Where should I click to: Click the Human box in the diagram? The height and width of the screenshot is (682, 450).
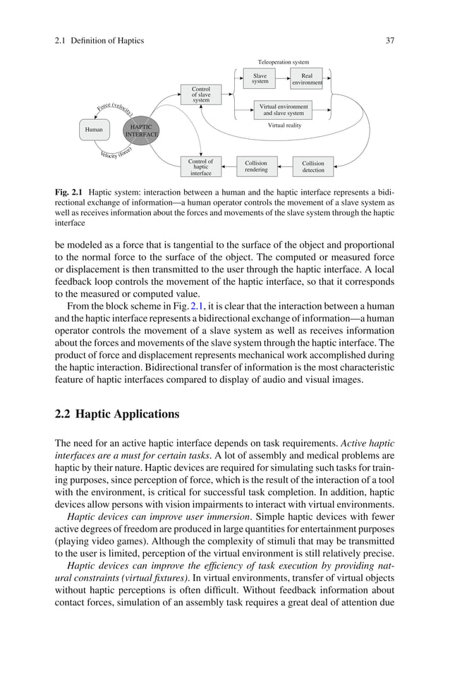[x=93, y=130]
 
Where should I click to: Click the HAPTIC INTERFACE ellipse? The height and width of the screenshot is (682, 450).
[x=141, y=130]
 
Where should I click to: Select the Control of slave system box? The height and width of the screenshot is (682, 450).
[x=201, y=95]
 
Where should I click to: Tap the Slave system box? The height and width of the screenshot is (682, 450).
[x=260, y=78]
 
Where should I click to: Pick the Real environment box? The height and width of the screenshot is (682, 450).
[x=307, y=78]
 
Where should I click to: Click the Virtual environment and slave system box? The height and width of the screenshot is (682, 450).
[x=284, y=109]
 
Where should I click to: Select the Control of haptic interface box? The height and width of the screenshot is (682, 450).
[x=201, y=166]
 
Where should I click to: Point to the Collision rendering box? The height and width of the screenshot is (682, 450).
[x=256, y=166]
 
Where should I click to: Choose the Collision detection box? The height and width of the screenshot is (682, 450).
[x=313, y=166]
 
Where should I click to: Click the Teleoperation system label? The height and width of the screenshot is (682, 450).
[x=284, y=62]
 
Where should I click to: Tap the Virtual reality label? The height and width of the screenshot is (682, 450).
[x=284, y=126]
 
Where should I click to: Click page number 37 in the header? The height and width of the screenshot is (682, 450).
[x=389, y=40]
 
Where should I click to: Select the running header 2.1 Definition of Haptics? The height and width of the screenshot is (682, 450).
[x=99, y=40]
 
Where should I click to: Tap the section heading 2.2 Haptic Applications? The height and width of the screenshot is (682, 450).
[x=117, y=413]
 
